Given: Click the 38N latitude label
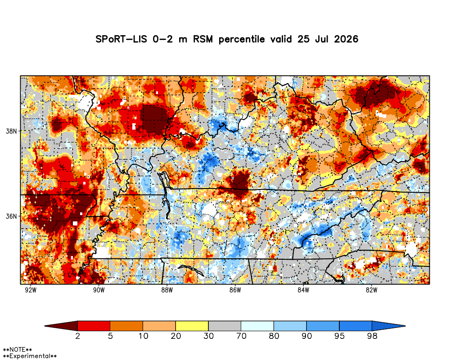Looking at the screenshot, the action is (x=11, y=131).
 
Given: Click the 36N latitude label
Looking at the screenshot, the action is (x=11, y=216).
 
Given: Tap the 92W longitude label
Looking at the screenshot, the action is (x=31, y=290).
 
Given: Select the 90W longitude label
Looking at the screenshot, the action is (x=99, y=290).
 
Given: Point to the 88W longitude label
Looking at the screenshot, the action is (x=167, y=290).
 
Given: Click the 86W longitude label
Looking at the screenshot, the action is (x=235, y=290).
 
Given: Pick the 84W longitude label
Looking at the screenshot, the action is (x=303, y=290).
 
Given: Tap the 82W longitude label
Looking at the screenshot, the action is (x=371, y=290).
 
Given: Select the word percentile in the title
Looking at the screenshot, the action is (x=242, y=39).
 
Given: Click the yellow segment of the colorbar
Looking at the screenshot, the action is (x=192, y=326).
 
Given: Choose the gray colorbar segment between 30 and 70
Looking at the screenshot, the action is (x=225, y=326).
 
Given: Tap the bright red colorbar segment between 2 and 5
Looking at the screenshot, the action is (x=94, y=326).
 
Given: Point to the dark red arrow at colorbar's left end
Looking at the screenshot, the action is (x=61, y=326).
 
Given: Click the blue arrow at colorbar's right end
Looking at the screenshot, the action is (x=389, y=326).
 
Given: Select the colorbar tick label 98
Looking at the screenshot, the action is (x=372, y=336).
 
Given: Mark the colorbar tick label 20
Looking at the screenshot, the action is (x=175, y=336).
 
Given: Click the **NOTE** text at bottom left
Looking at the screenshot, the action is (x=17, y=350).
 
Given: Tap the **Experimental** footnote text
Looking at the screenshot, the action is (x=30, y=356).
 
